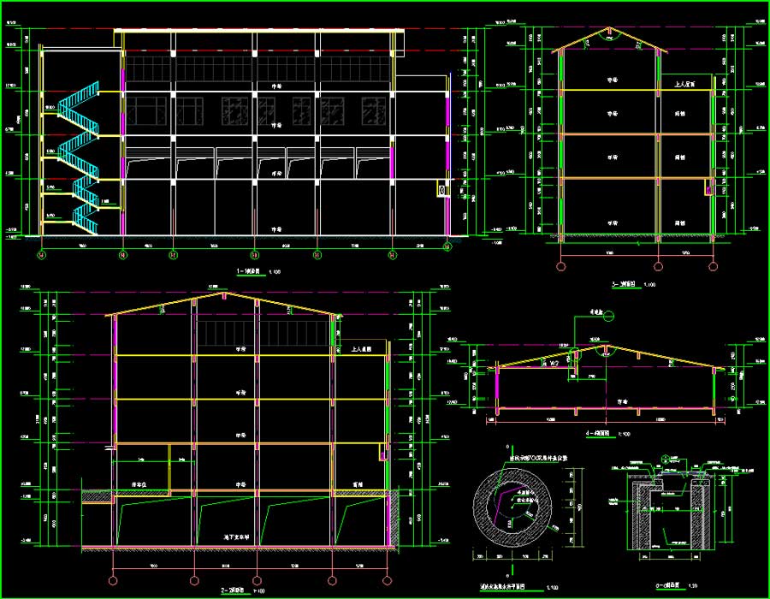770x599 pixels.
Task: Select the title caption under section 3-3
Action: coord(628,284)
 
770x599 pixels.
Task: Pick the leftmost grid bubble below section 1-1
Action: coord(40,254)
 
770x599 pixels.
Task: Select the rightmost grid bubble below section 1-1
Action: coord(447,247)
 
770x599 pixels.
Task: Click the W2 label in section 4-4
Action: coord(554,365)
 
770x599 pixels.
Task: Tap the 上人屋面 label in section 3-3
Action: coord(683,85)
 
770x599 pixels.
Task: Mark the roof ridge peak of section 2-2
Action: coord(224,295)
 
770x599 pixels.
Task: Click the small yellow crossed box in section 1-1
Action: coord(441,189)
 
